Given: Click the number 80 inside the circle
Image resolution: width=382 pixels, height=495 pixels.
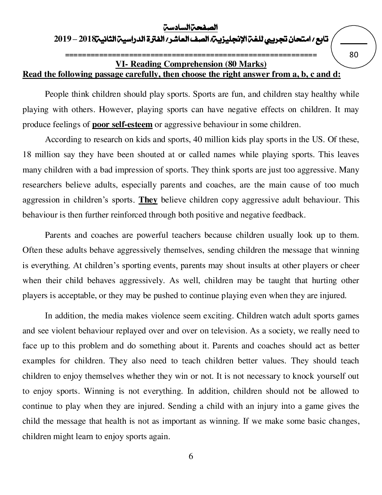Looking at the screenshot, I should tap(354, 55).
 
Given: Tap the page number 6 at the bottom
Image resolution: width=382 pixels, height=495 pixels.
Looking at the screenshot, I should tap(191, 456).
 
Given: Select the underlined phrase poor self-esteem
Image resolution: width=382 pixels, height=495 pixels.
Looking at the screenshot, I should tap(122, 124).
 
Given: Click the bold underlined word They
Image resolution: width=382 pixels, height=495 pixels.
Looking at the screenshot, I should tap(148, 200).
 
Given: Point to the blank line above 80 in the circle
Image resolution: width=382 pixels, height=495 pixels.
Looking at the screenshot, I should tap(354, 45).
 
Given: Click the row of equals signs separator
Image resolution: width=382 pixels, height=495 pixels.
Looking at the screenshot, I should tap(191, 55).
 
